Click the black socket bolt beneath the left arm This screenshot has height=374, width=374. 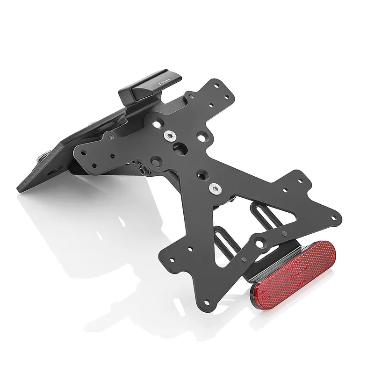pos(139,167)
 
